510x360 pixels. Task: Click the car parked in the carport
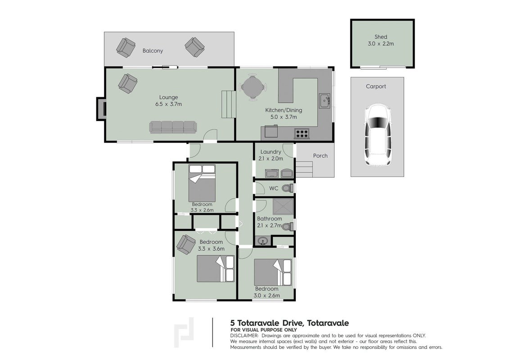pyautogui.click(x=377, y=134)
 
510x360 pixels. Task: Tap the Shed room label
pyautogui.click(x=380, y=37)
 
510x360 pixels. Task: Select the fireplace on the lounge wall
pyautogui.click(x=101, y=109)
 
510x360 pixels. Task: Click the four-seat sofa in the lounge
pyautogui.click(x=173, y=127)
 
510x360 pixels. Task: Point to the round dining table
pyautogui.click(x=253, y=87)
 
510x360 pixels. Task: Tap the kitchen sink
pyautogui.click(x=324, y=101)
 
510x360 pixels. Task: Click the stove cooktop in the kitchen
pyautogui.click(x=302, y=133)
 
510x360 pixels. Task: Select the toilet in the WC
pyautogui.click(x=288, y=188)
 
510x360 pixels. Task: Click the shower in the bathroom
pyautogui.click(x=283, y=207)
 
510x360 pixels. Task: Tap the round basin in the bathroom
pyautogui.click(x=263, y=241)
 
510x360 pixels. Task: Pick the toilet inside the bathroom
pyautogui.click(x=288, y=226)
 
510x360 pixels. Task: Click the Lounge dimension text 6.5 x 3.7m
pyautogui.click(x=168, y=104)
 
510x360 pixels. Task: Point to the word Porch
pyautogui.click(x=320, y=156)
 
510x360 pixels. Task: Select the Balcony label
pyautogui.click(x=153, y=51)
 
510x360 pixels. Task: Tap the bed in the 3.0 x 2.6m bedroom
pyautogui.click(x=273, y=272)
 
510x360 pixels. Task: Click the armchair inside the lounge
pyautogui.click(x=127, y=84)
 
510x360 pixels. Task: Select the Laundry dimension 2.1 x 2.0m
pyautogui.click(x=271, y=159)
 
